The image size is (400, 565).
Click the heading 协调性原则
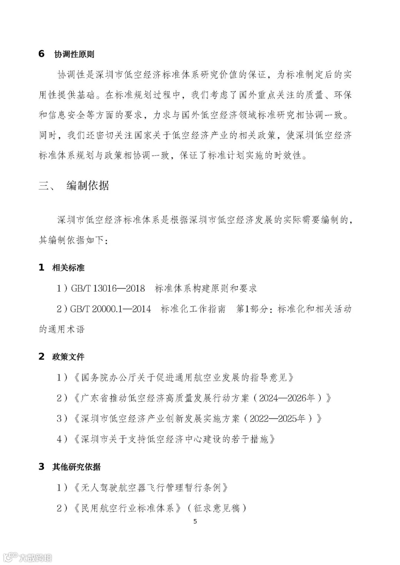tap(74, 54)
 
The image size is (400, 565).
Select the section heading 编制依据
tap(88, 185)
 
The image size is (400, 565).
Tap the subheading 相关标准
tap(68, 268)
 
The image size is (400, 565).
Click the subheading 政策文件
tap(68, 357)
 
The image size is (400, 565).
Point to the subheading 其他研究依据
tap(76, 467)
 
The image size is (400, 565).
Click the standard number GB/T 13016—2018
tap(108, 289)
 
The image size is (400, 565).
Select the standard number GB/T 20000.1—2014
tap(110, 309)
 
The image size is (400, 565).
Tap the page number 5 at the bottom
tap(196, 522)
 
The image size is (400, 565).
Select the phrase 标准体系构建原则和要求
tap(206, 289)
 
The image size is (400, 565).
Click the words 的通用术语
tap(62, 329)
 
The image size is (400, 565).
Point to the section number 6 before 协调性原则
tap(41, 54)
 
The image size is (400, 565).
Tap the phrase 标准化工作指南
tap(193, 309)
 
